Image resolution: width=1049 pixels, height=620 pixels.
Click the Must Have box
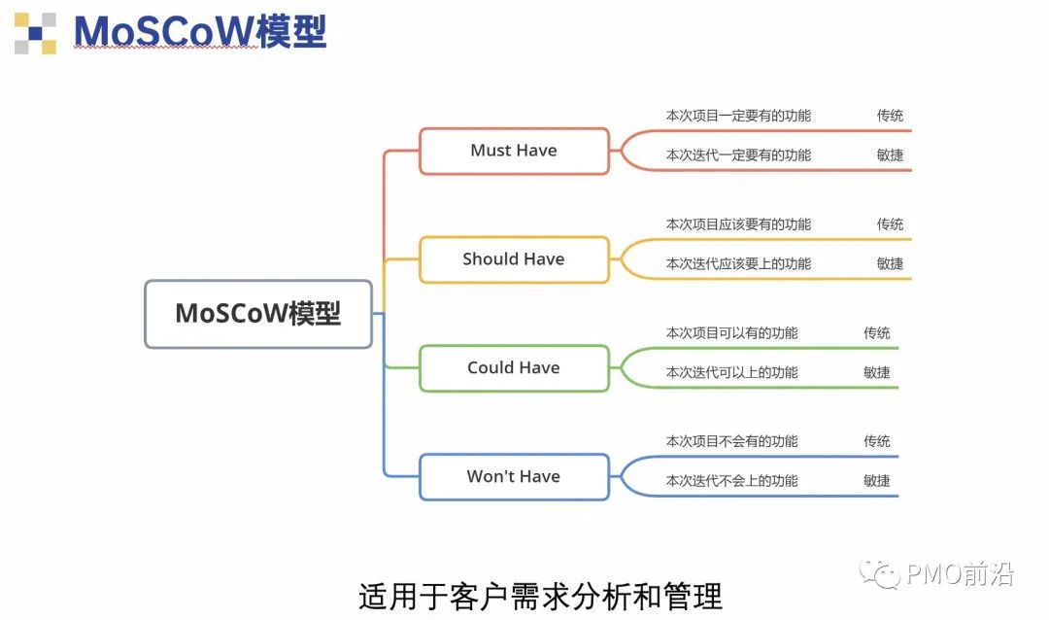click(x=514, y=151)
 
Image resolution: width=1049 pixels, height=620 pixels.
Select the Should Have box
click(x=514, y=259)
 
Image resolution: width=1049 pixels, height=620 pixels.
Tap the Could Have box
click(x=514, y=368)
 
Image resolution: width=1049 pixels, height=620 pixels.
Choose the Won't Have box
click(x=514, y=477)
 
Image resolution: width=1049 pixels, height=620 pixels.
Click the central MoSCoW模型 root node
click(x=258, y=314)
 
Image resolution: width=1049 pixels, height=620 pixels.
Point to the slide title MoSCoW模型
click(x=200, y=32)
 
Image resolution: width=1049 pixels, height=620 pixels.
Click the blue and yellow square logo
click(x=35, y=33)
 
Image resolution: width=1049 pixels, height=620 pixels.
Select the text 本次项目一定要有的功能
click(x=738, y=116)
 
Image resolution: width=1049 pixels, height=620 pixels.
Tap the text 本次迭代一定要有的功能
click(x=738, y=155)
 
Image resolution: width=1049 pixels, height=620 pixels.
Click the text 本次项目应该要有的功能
click(x=738, y=224)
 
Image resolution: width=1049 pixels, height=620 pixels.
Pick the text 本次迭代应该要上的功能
click(x=738, y=263)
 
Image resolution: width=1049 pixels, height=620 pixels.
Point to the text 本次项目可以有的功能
click(x=731, y=333)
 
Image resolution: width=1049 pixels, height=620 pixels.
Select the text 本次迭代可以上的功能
click(x=731, y=372)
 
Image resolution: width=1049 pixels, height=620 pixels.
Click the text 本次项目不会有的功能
click(x=731, y=441)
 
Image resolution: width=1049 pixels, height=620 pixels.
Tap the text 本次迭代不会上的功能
click(x=731, y=481)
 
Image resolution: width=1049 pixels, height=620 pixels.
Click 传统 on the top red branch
click(x=890, y=116)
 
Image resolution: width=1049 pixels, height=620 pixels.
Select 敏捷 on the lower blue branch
click(x=877, y=481)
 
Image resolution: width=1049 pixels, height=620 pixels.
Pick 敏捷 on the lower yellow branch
click(x=890, y=263)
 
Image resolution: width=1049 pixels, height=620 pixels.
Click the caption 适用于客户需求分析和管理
click(x=541, y=595)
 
